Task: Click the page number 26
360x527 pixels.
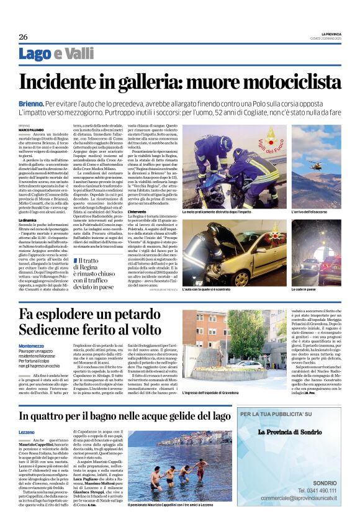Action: click(23, 37)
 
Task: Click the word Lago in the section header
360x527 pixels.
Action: click(35, 54)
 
